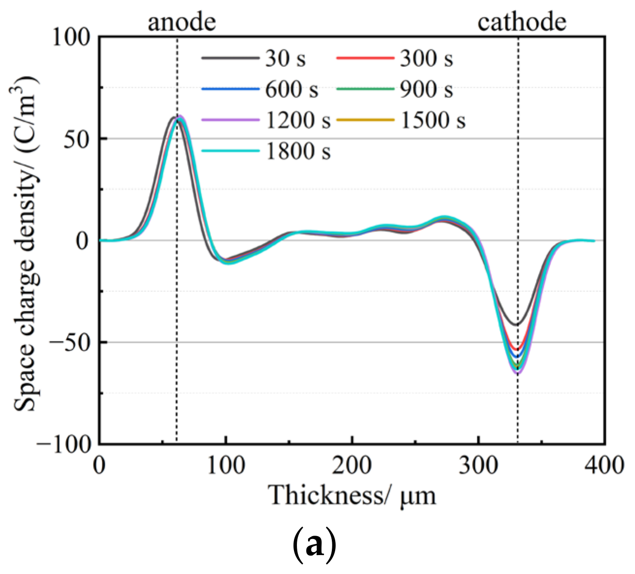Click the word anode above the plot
[181, 22]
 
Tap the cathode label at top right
[521, 22]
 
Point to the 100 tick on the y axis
[72, 37]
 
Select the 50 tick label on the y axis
[78, 139]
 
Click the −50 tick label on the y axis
[70, 343]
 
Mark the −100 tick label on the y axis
[64, 444]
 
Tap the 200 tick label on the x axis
[352, 465]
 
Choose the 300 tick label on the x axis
[478, 465]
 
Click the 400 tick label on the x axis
[604, 465]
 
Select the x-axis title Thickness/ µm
[353, 496]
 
